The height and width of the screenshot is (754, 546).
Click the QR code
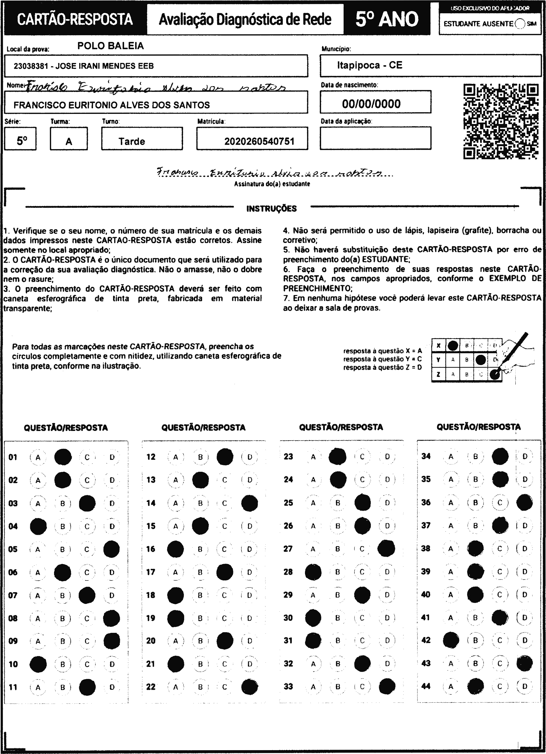click(x=501, y=122)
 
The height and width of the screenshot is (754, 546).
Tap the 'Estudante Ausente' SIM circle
click(x=520, y=24)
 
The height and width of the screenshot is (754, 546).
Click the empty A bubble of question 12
click(x=176, y=457)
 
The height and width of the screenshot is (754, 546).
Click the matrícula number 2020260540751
click(x=259, y=142)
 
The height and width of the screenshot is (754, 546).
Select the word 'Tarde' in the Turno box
click(x=132, y=142)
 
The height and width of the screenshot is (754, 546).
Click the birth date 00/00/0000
click(x=371, y=104)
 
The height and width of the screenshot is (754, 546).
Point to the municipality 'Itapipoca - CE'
click(x=369, y=65)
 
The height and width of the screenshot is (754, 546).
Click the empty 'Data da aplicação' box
click(x=375, y=138)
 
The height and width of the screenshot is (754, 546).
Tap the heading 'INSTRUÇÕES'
click(x=271, y=209)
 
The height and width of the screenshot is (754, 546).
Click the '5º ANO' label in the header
click(x=387, y=19)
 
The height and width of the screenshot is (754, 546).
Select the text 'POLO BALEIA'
click(x=111, y=46)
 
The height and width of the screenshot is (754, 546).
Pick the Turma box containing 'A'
click(x=69, y=139)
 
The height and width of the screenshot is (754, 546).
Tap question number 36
click(x=426, y=502)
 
